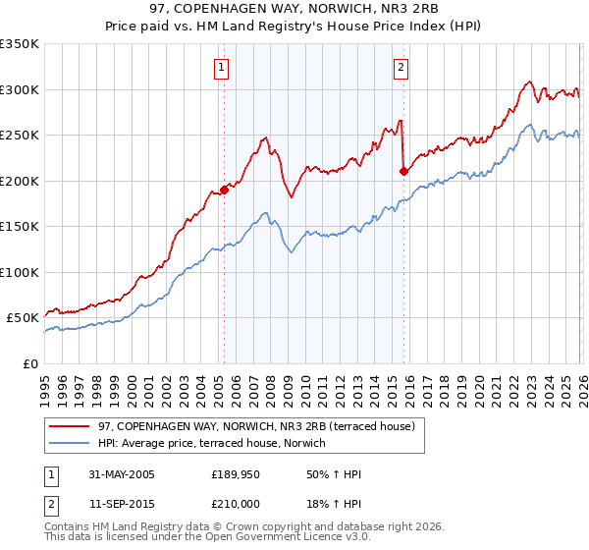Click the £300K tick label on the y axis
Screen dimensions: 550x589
(x=20, y=89)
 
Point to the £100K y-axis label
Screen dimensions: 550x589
(x=20, y=272)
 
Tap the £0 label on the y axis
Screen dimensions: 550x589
(x=28, y=363)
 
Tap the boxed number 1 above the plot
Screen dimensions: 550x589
(x=223, y=68)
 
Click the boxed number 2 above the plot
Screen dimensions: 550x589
(x=402, y=68)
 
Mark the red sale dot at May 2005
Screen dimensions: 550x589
(x=224, y=190)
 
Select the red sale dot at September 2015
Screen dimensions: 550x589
(x=403, y=172)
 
